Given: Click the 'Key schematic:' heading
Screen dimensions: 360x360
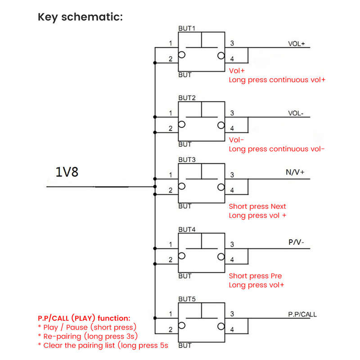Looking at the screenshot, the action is [x=81, y=17].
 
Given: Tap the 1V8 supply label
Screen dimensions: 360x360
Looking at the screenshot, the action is [x=67, y=172].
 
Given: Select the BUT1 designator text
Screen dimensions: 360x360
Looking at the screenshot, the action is [x=187, y=28].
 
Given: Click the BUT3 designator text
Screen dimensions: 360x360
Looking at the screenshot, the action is [x=187, y=160].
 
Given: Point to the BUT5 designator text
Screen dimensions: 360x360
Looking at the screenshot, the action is [x=187, y=299].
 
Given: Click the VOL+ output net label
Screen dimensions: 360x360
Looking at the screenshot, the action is [x=297, y=44].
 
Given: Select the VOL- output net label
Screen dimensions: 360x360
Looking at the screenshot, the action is [x=296, y=113].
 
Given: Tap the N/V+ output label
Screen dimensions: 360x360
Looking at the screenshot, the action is [x=295, y=172].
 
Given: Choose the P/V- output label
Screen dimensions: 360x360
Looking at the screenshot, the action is [x=296, y=242].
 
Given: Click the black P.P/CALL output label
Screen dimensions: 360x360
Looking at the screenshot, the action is [x=302, y=314].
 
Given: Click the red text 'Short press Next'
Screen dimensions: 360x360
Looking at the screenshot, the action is [x=257, y=207].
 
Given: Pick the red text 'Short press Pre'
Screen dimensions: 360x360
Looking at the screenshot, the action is [x=255, y=276].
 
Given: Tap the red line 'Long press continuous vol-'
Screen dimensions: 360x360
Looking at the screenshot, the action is [x=277, y=149].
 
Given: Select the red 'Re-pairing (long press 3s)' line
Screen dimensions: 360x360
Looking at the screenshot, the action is [x=88, y=336].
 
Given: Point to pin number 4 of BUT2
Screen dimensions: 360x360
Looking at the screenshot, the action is [x=232, y=128].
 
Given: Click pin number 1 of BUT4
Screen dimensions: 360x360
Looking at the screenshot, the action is [x=171, y=244].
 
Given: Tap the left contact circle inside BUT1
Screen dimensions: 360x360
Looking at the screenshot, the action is [x=182, y=55].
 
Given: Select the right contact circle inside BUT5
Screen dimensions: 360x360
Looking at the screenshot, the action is [x=221, y=326].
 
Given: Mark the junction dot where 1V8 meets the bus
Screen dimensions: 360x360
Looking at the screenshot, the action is [x=155, y=187].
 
